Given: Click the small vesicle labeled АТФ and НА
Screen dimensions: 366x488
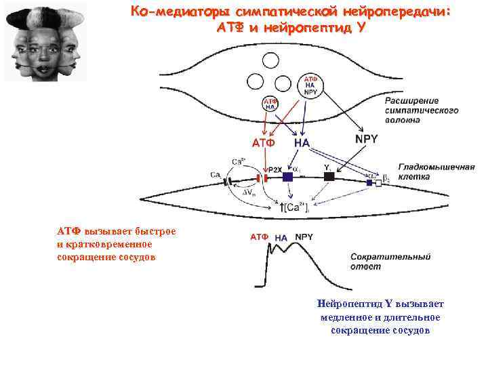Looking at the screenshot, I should click(x=269, y=104).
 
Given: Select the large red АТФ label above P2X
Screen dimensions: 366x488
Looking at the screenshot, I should click(x=263, y=143).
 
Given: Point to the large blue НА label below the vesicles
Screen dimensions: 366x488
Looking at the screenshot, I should click(x=301, y=143).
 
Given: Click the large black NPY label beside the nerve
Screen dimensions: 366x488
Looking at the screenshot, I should click(x=367, y=138).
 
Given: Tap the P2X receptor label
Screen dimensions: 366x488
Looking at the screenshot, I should click(x=275, y=169).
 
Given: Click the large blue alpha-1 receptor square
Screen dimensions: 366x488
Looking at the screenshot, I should click(x=287, y=177).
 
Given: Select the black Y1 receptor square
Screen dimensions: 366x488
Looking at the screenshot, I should click(x=329, y=176).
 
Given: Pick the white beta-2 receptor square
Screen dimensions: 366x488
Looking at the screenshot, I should click(x=378, y=182).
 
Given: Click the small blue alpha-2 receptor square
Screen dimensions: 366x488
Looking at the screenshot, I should click(x=369, y=182).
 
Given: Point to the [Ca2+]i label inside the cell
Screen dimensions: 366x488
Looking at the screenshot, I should click(x=296, y=206).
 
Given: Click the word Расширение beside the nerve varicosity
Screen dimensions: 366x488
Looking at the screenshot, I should click(x=413, y=101).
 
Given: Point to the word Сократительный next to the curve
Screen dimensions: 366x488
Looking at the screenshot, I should click(x=390, y=257).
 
